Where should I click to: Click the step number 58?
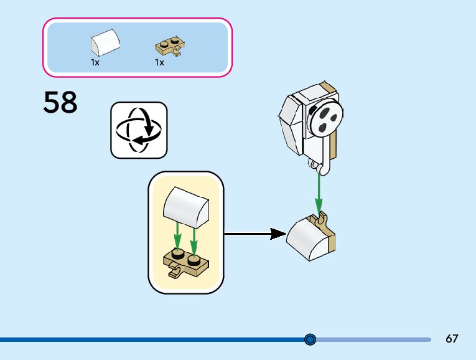tap(60, 103)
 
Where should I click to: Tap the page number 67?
tap(452, 339)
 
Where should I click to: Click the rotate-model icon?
tap(139, 130)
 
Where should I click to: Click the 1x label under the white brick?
tap(95, 63)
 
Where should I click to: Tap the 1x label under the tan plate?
tap(159, 63)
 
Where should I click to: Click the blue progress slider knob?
tap(310, 339)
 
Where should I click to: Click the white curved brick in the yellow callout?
tap(185, 207)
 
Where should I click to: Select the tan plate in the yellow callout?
tap(185, 262)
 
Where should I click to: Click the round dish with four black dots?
tap(326, 118)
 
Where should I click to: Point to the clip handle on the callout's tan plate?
tap(175, 272)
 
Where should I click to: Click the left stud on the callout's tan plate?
tap(177, 254)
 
